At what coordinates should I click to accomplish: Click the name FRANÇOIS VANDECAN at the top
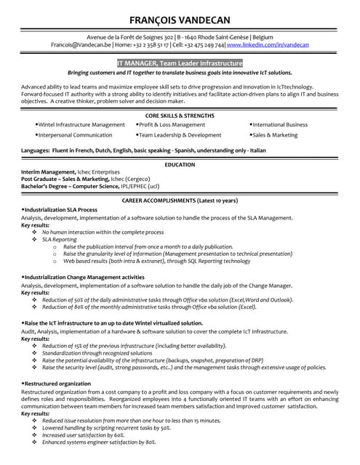point(180,20)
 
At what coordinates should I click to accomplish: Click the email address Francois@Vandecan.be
point(81,45)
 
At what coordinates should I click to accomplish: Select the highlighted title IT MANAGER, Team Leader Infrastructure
point(180,63)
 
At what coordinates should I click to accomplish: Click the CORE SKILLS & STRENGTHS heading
point(180,116)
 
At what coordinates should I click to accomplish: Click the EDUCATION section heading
point(180,165)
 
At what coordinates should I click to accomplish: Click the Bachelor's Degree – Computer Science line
point(80,185)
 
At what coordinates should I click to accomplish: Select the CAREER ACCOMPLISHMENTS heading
point(180,200)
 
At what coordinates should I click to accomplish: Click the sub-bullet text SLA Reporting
point(59,239)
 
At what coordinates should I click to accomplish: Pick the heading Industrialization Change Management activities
point(84,278)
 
